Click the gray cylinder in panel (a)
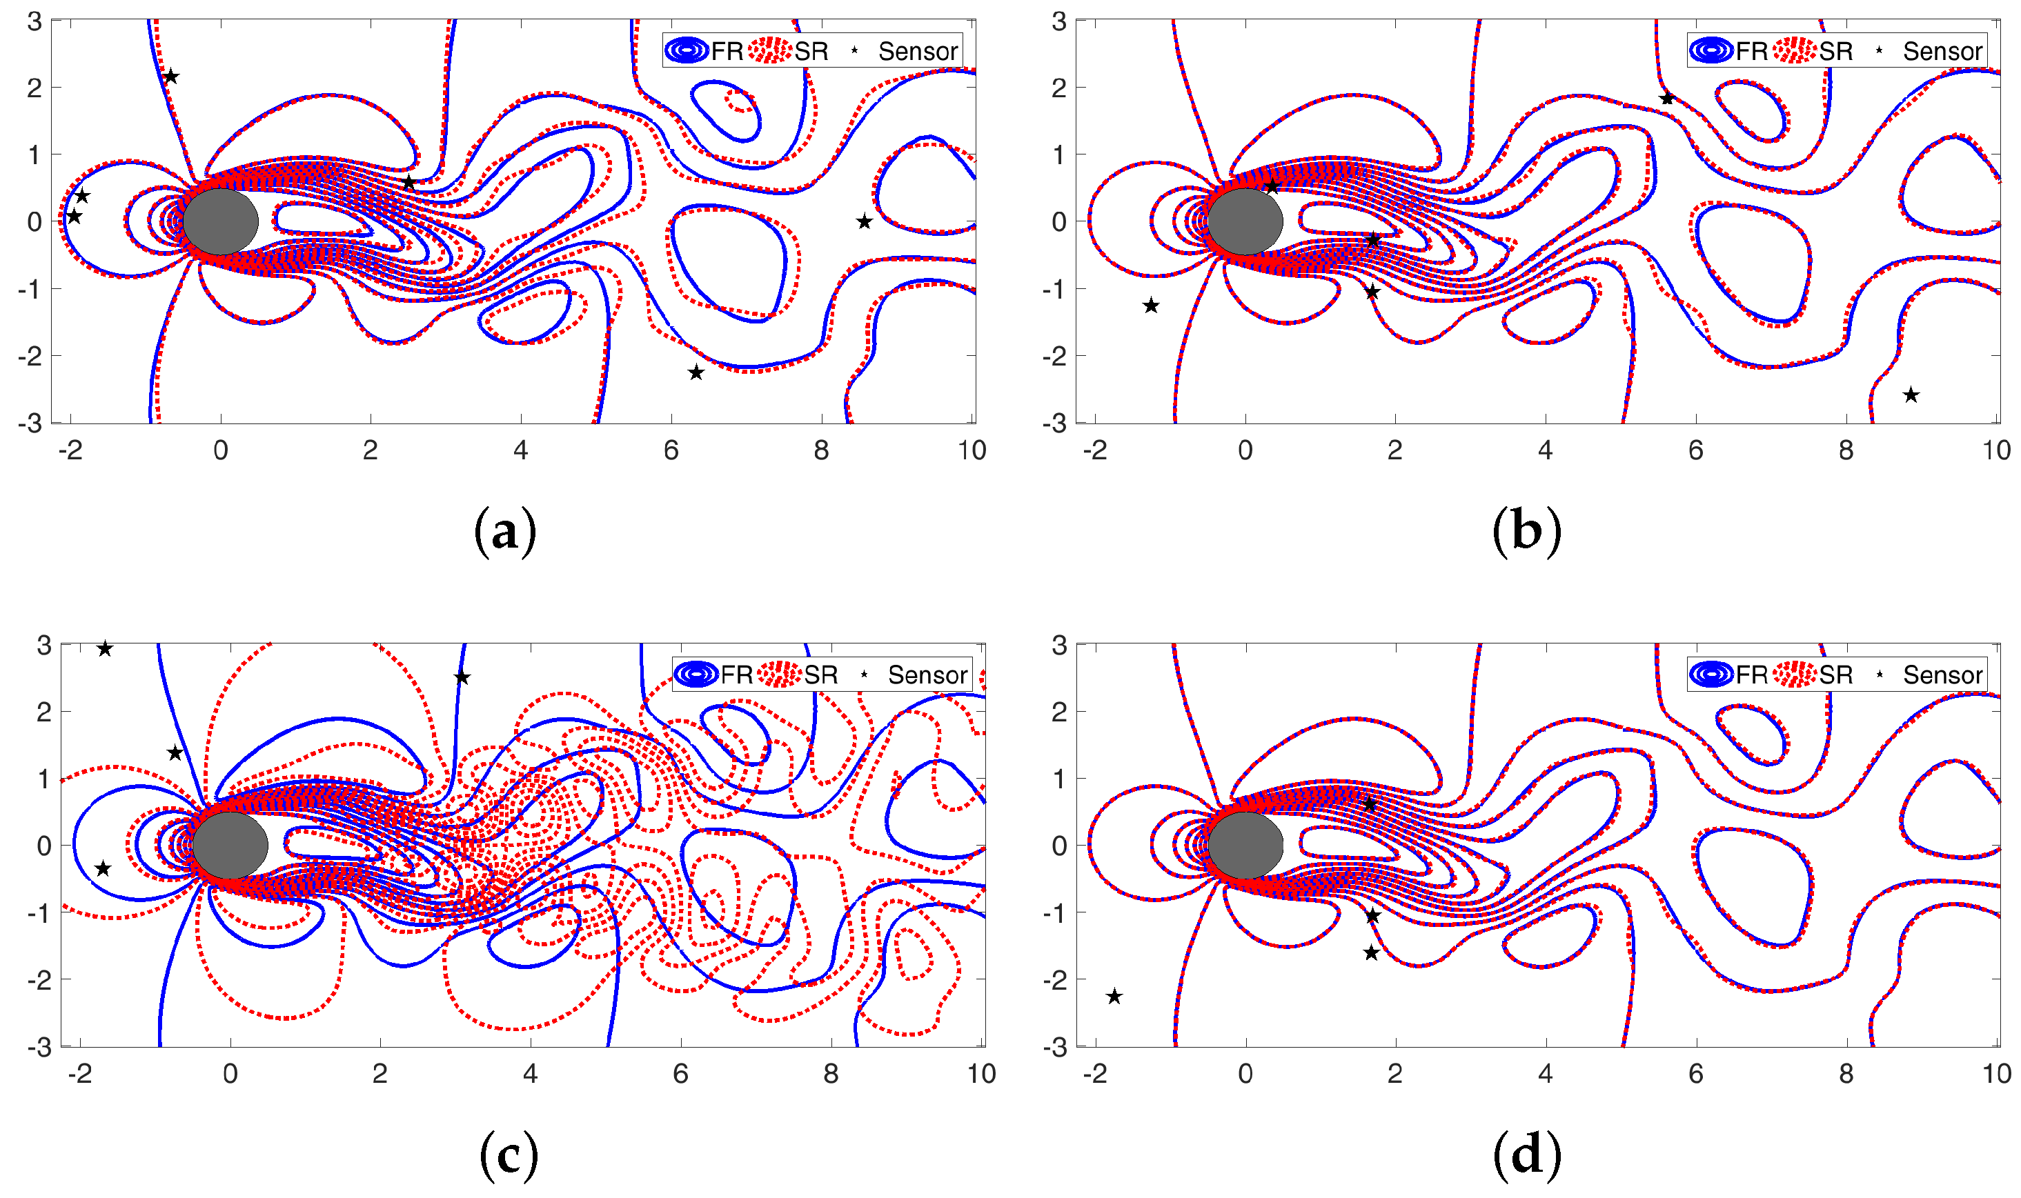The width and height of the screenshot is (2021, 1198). coord(220,221)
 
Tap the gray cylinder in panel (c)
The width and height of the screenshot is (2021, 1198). coord(230,845)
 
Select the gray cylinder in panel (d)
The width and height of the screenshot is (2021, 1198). coord(1245,845)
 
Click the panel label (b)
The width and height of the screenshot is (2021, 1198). coord(1526,532)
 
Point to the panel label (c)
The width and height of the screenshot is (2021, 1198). coord(509,1155)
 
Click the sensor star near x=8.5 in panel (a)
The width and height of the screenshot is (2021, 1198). coord(864,222)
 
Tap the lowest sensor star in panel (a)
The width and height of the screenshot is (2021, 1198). coord(696,373)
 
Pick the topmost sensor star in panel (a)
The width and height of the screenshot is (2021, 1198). coord(170,77)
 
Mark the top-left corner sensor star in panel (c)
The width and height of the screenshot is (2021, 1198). coord(105,649)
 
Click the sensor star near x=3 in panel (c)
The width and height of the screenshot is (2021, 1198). coord(462,678)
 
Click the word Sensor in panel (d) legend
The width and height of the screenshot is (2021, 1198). coord(1942,675)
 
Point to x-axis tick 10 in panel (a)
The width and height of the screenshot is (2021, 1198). coord(972,450)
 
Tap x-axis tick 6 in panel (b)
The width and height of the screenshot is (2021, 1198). coord(1695,450)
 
